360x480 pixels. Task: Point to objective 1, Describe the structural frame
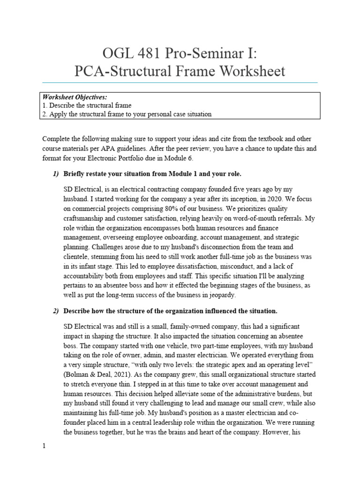(87, 105)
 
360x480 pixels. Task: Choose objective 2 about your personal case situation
(127, 114)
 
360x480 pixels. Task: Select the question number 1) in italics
(56, 174)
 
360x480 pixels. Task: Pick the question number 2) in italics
(56, 311)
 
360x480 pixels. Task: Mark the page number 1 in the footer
(44, 447)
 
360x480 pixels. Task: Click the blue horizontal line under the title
(180, 82)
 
